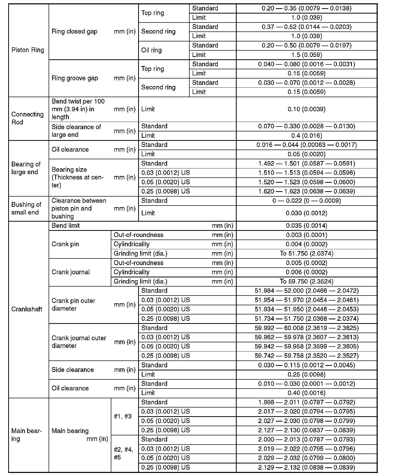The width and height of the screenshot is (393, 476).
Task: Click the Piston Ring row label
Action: click(28, 50)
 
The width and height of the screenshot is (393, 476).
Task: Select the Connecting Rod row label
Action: click(27, 118)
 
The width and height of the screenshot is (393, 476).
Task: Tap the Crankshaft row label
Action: click(27, 309)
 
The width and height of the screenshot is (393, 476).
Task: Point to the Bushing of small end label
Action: click(26, 209)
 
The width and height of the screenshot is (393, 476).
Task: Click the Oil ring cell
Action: click(151, 50)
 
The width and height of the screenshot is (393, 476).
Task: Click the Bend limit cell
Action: click(66, 226)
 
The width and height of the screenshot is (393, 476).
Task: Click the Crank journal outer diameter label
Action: click(79, 342)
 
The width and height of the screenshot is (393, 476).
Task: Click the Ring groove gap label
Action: click(75, 78)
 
